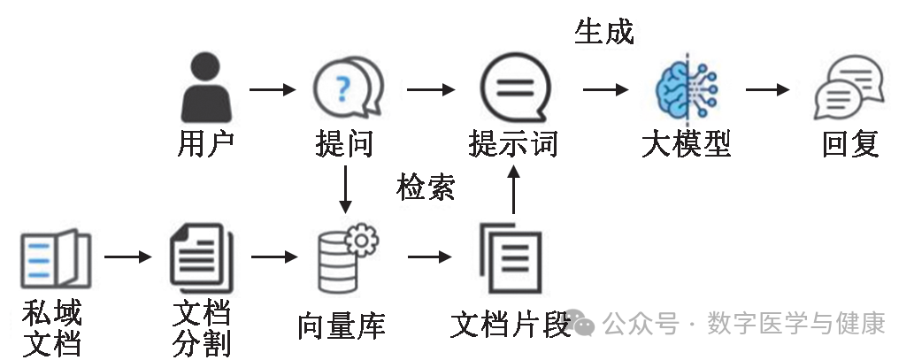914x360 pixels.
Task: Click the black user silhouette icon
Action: tap(205, 88)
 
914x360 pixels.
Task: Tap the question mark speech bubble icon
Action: tap(348, 88)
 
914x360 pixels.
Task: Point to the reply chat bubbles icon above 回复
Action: tap(849, 89)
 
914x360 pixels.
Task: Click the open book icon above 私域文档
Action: tap(55, 258)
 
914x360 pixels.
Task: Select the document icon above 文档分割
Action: tap(200, 258)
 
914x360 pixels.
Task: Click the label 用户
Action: tap(205, 143)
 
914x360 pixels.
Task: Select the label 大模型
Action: tap(686, 143)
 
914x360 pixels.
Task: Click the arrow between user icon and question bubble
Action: tap(273, 89)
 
